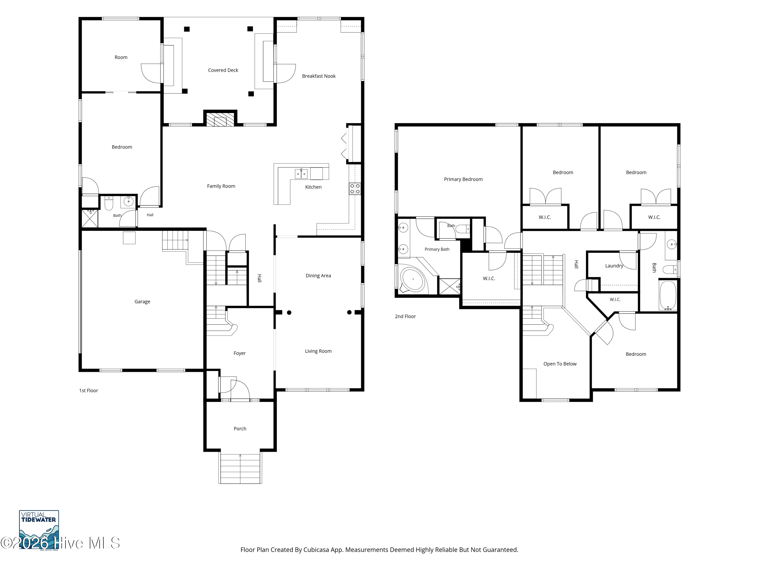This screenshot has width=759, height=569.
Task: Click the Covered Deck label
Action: click(x=223, y=70)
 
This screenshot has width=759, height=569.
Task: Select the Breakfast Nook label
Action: click(x=319, y=76)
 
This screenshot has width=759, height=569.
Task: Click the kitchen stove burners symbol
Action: click(x=355, y=189)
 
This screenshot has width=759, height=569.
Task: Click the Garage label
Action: click(x=142, y=302)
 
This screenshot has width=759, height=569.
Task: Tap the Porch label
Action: click(x=240, y=429)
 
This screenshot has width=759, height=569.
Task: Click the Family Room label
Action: click(x=221, y=186)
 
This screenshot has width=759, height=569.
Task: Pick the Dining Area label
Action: click(x=319, y=276)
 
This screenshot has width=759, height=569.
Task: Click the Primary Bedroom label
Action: click(x=463, y=179)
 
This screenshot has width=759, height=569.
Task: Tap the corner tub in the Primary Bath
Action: click(x=413, y=279)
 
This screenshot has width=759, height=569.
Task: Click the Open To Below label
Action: click(x=560, y=364)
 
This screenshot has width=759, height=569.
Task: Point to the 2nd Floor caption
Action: click(x=405, y=317)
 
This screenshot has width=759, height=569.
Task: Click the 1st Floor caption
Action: click(x=89, y=391)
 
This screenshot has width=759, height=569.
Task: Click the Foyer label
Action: click(x=240, y=353)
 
